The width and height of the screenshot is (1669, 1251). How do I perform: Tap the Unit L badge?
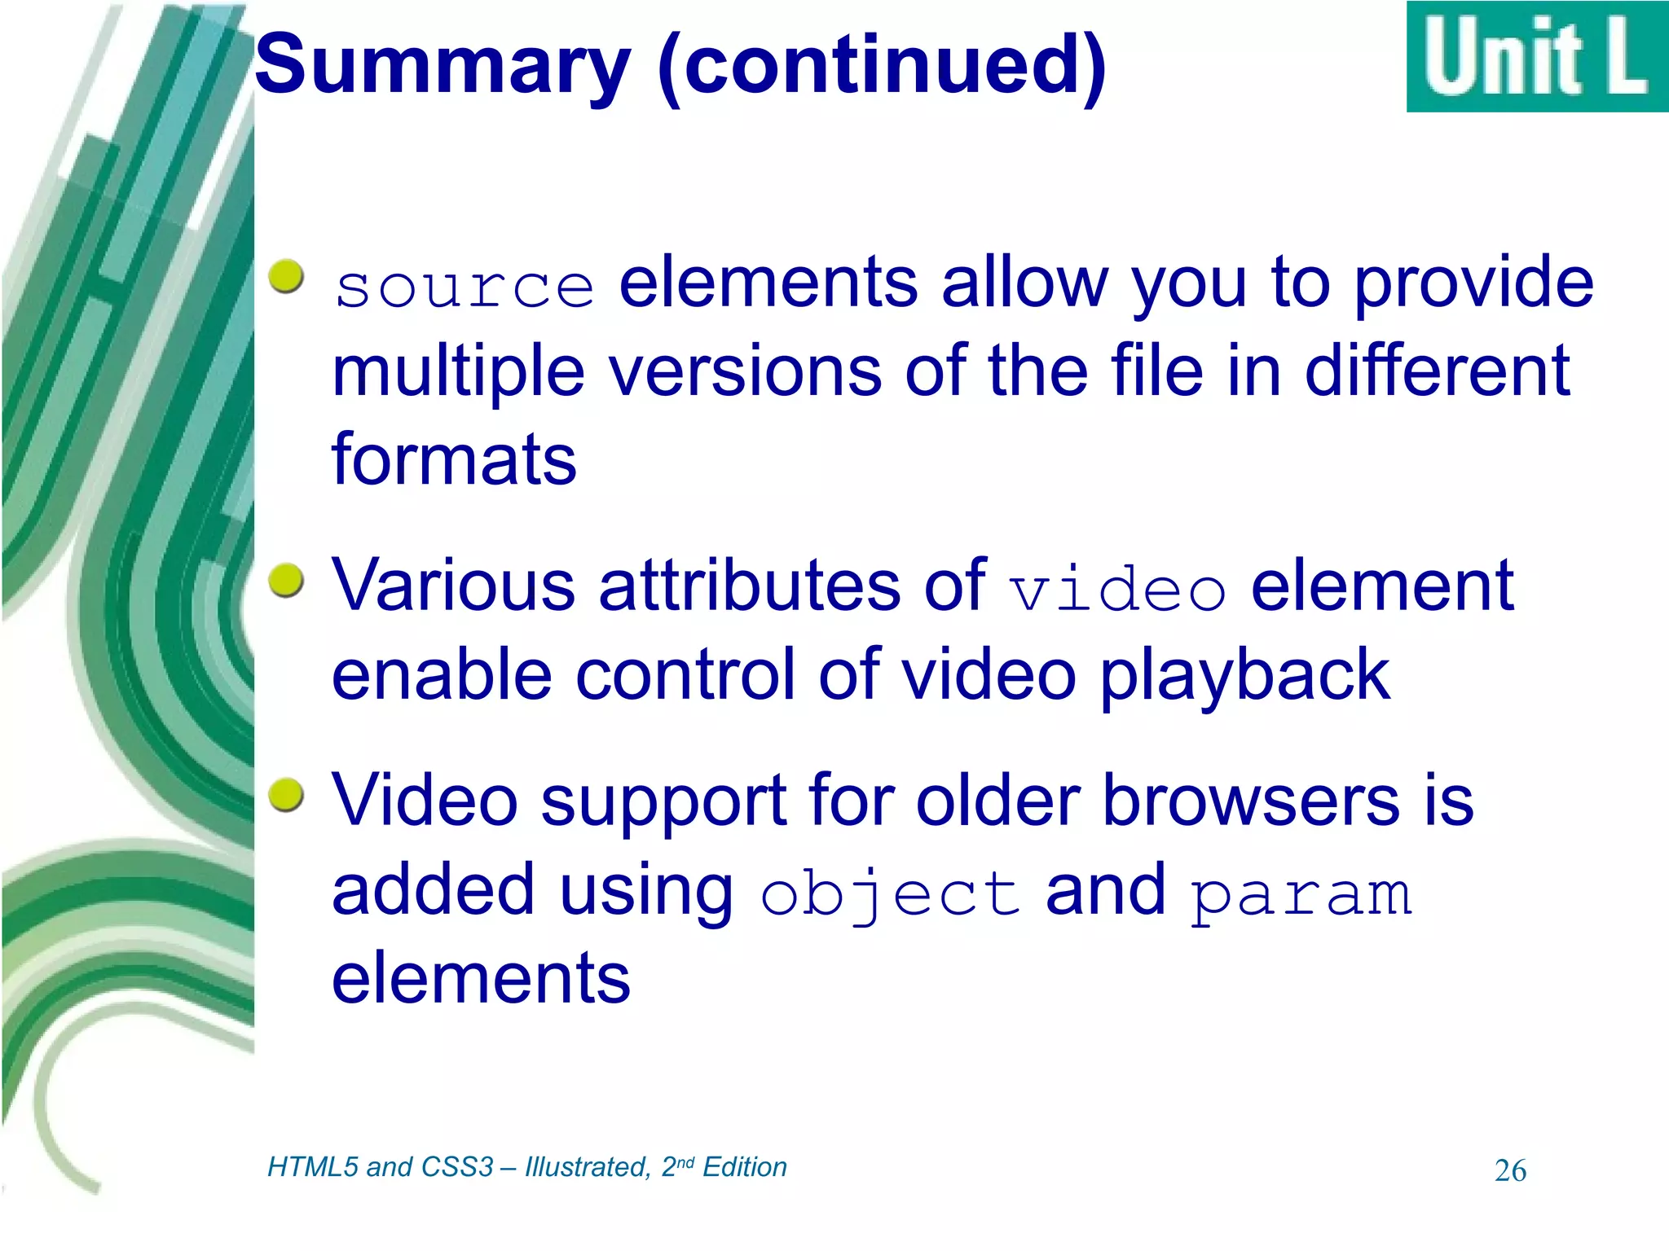(1536, 57)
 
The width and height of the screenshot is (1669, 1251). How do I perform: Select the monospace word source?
(465, 287)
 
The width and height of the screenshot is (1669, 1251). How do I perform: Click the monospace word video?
(1116, 588)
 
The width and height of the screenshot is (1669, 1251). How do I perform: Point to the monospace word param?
(1301, 894)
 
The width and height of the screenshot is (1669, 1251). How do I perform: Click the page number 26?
(1510, 1171)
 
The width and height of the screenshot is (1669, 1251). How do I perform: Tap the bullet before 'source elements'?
(286, 277)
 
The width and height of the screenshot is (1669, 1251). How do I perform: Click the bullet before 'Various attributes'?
(286, 581)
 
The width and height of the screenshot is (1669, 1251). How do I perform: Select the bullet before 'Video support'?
(286, 794)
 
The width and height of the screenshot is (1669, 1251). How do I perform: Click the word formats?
(454, 459)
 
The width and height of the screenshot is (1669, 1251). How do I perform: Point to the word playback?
(1244, 676)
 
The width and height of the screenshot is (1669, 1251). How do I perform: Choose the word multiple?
(458, 372)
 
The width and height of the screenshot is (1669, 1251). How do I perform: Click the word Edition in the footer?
(745, 1167)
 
